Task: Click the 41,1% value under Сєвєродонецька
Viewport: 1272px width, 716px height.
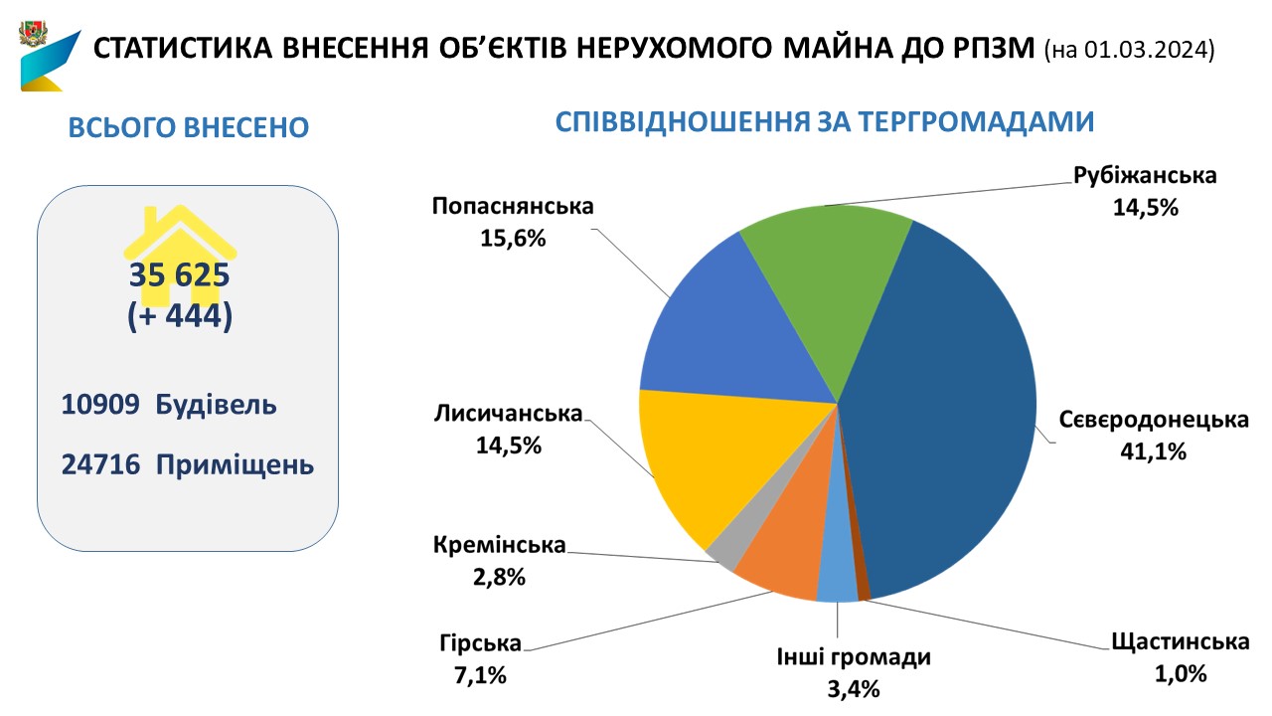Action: (x=1152, y=451)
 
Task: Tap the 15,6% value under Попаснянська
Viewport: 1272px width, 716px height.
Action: (x=512, y=239)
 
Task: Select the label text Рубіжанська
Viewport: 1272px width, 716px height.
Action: (x=1145, y=176)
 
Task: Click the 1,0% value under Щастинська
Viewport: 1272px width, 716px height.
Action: (x=1180, y=673)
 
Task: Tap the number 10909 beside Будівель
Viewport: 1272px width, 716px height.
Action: (x=98, y=406)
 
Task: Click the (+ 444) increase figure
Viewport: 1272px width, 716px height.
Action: (x=179, y=316)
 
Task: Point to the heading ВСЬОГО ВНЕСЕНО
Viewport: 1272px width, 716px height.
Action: (x=188, y=128)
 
